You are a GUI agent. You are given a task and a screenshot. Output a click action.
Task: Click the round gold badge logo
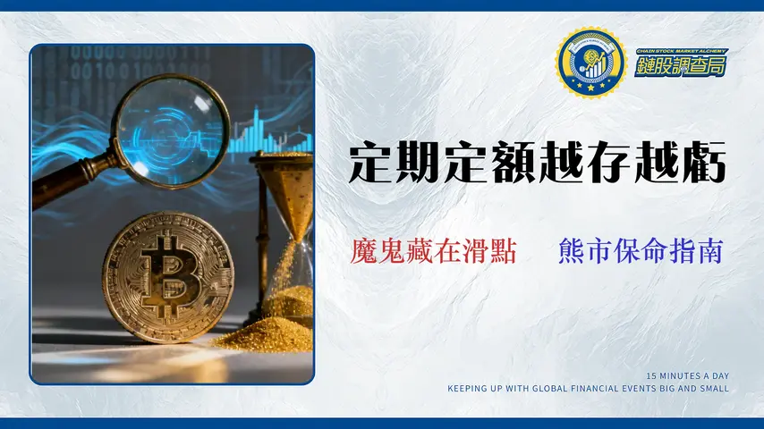(x=590, y=63)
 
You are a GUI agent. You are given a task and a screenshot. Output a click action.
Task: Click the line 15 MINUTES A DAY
(x=687, y=375)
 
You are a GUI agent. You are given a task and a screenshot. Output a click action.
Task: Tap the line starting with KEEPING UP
(x=589, y=389)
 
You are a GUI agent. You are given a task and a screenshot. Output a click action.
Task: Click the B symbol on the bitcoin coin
(x=166, y=274)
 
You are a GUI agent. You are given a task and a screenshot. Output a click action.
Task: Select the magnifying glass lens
(x=171, y=132)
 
